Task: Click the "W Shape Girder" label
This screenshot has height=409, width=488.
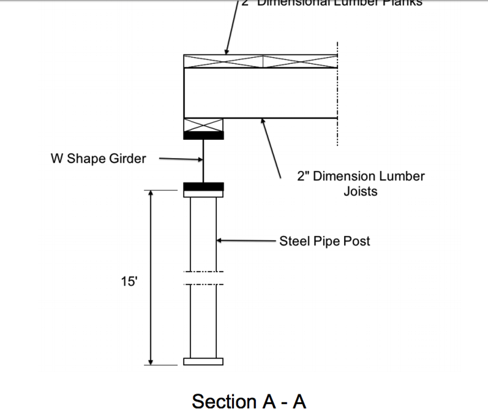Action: click(98, 158)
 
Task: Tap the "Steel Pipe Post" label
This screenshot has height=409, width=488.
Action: click(324, 241)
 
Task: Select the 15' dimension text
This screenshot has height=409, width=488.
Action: click(129, 282)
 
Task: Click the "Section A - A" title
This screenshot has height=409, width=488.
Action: click(248, 401)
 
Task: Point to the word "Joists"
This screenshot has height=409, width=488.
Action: click(360, 191)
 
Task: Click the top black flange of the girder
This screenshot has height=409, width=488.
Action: click(203, 136)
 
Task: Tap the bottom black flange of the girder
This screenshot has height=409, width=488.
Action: click(203, 186)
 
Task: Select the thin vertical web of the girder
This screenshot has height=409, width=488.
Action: click(203, 161)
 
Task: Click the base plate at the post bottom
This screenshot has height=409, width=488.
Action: click(203, 361)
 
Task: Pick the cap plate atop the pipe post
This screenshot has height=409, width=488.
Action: click(203, 194)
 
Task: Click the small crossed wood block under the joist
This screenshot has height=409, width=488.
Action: click(203, 125)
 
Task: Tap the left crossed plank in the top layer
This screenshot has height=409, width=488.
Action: click(224, 62)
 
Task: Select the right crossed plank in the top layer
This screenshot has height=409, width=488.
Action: click(300, 62)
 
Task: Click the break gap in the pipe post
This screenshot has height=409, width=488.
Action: click(203, 278)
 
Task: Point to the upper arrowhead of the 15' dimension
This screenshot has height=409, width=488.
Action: click(151, 193)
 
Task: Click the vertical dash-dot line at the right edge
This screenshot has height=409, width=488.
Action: click(337, 95)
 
